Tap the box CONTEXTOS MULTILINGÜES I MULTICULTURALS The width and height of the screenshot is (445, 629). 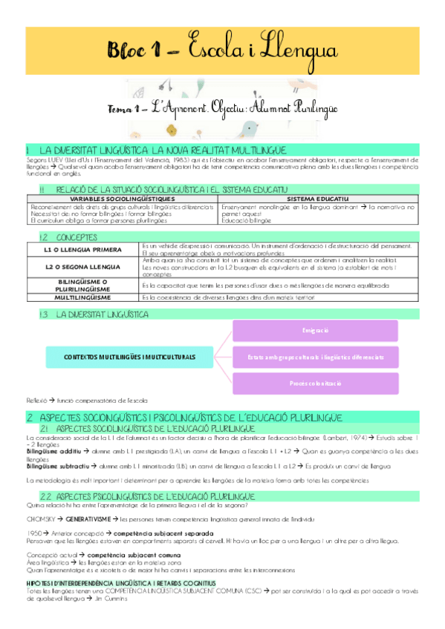(124, 357)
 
